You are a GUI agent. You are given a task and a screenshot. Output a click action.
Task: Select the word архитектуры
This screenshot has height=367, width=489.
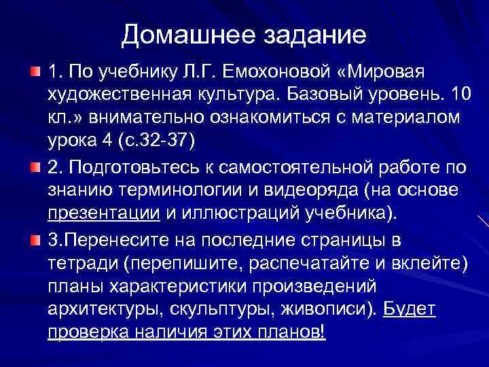[98, 310]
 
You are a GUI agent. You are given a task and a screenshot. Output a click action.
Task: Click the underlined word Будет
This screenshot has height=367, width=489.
[410, 310]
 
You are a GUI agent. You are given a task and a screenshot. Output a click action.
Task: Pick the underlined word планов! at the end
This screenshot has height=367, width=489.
[292, 334]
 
